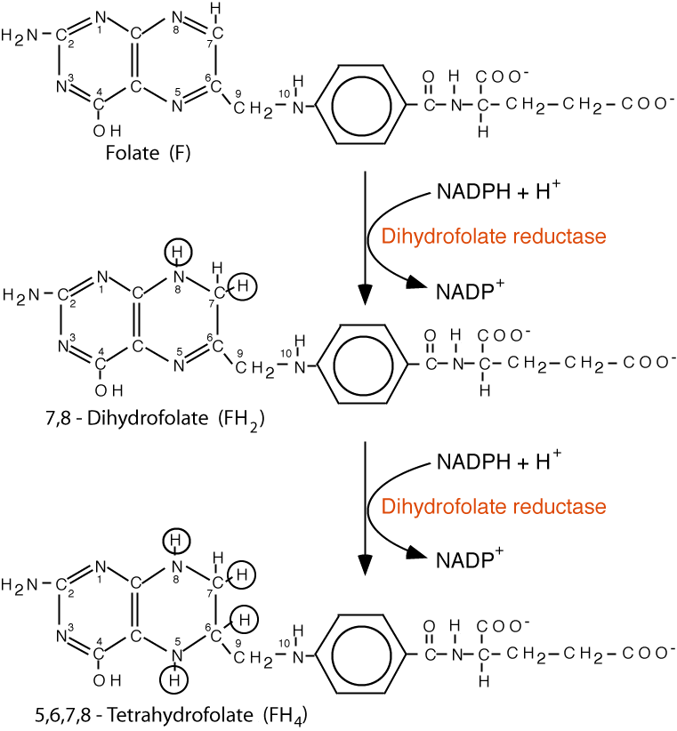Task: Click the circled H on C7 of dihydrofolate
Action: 246,285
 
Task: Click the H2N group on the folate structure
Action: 21,36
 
